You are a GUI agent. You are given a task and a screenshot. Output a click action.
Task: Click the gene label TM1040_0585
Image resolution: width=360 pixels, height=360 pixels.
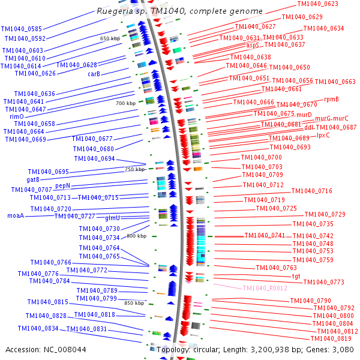click(22, 29)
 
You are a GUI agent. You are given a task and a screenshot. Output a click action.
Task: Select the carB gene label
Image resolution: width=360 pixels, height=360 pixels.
click(94, 74)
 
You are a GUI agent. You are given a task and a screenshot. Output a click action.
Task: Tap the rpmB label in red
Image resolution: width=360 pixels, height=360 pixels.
click(331, 99)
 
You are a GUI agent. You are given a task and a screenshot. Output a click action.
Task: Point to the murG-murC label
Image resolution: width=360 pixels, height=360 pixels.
click(331, 118)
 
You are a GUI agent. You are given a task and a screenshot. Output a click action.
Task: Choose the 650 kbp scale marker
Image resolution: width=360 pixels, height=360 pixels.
click(110, 38)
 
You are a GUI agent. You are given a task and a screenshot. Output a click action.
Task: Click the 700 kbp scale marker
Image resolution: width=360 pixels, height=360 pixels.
click(126, 103)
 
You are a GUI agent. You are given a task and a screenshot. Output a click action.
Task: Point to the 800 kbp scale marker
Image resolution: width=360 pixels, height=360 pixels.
click(136, 236)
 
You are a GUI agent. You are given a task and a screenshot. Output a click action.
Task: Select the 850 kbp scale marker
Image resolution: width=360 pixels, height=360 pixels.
click(134, 303)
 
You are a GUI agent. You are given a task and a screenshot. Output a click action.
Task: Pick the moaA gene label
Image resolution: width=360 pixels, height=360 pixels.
click(16, 215)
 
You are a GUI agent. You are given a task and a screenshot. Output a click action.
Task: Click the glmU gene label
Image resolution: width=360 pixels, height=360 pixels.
click(113, 218)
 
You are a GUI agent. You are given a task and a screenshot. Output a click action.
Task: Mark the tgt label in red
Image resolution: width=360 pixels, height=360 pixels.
click(296, 276)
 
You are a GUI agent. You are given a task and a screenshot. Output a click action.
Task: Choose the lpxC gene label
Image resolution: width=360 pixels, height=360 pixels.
click(323, 135)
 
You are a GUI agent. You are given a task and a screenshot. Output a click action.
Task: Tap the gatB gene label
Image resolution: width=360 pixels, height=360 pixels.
click(33, 179)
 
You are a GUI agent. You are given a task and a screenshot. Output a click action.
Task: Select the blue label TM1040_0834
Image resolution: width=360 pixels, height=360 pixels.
click(38, 328)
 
